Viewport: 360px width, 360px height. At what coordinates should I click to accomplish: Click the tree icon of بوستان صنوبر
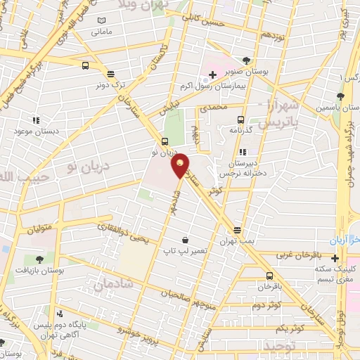pos(245,60)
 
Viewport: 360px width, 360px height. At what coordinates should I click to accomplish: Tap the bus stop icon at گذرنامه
pos(241,120)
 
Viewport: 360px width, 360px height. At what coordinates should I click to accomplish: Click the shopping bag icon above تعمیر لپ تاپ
pos(184,240)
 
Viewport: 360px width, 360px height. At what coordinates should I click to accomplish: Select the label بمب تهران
pos(238,240)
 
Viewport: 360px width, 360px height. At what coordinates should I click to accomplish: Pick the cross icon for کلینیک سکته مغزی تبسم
pos(335,258)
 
